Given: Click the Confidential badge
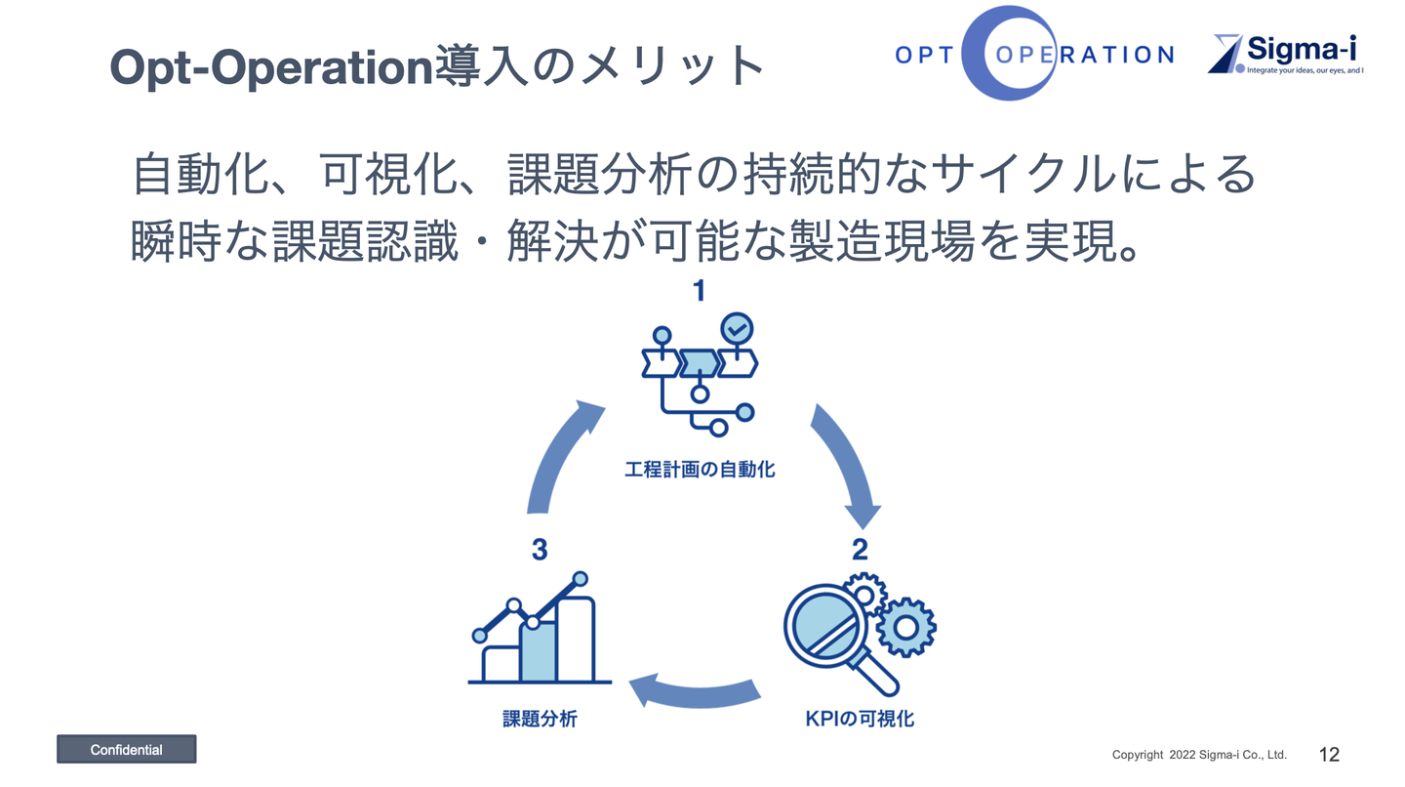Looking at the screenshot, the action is click(x=126, y=749).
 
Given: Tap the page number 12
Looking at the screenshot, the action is click(x=1329, y=754).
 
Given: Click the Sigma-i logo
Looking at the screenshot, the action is click(x=1286, y=55).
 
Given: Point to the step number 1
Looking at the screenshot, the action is click(x=699, y=291).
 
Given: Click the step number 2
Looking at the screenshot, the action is click(x=860, y=550).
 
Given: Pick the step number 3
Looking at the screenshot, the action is click(x=540, y=550).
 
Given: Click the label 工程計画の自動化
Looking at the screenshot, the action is click(x=700, y=470).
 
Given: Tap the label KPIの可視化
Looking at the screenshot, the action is click(x=860, y=719).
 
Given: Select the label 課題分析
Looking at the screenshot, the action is click(x=540, y=719).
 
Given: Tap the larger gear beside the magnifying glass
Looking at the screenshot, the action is click(x=905, y=628).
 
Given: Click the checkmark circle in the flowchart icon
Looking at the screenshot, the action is click(x=737, y=329).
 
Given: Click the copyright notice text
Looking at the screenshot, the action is click(x=1199, y=755).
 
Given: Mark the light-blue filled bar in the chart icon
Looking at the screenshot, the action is click(x=538, y=651).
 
